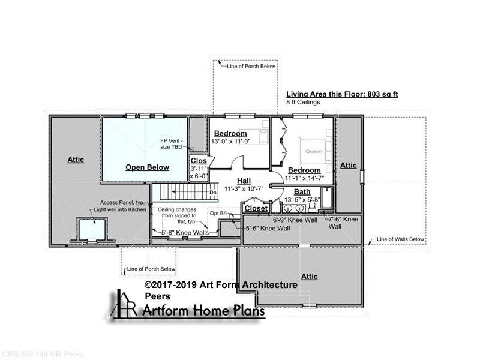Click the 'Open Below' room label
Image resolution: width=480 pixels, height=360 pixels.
tap(147, 167)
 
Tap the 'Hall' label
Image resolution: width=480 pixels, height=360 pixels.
tap(244, 181)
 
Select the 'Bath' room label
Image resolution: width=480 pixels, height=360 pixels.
tap(302, 192)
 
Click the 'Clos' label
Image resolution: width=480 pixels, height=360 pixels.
tap(199, 161)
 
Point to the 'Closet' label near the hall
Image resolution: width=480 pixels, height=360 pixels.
tap(256, 208)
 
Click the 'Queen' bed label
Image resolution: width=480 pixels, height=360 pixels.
tap(313, 151)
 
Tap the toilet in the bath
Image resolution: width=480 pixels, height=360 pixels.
tap(312, 207)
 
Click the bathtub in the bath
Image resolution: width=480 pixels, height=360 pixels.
tap(327, 198)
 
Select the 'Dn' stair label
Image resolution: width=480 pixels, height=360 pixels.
tap(213, 192)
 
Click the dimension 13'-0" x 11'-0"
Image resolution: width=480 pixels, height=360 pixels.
tap(231, 142)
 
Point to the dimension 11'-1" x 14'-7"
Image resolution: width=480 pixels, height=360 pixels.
tap(304, 178)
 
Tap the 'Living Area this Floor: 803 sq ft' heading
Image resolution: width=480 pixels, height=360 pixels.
tap(342, 94)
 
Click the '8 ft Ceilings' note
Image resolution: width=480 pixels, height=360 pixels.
tap(303, 102)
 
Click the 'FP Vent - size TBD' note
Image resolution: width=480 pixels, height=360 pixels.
tap(172, 144)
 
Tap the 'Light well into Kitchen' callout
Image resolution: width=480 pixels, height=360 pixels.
tap(120, 209)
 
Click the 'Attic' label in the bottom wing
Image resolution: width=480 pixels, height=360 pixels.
tap(309, 277)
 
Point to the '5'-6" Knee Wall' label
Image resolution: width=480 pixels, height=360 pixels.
tap(268, 229)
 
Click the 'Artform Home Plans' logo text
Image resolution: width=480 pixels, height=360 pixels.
tap(203, 311)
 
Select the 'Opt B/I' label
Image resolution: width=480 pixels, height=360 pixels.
tap(218, 214)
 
